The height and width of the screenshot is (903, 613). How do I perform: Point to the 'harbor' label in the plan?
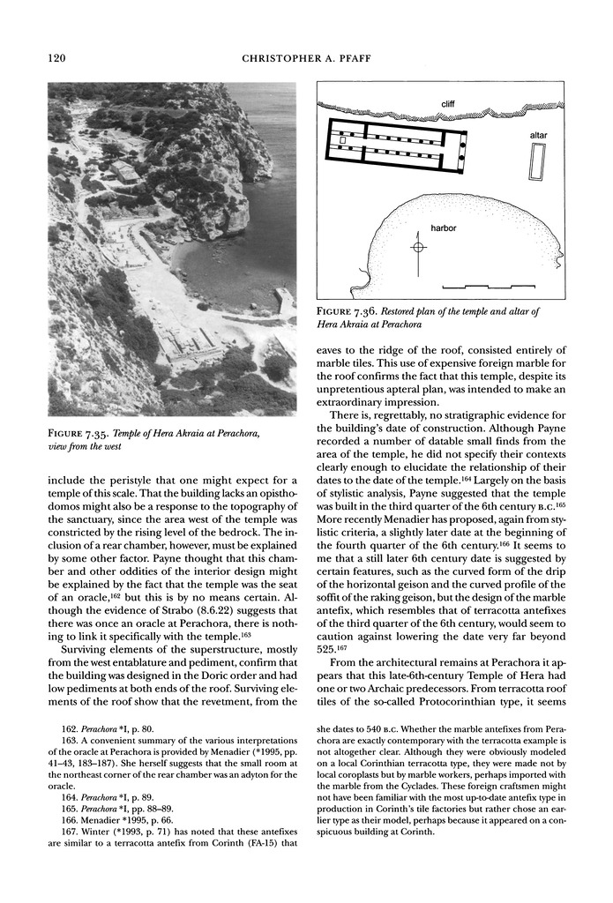pyautogui.click(x=443, y=228)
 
